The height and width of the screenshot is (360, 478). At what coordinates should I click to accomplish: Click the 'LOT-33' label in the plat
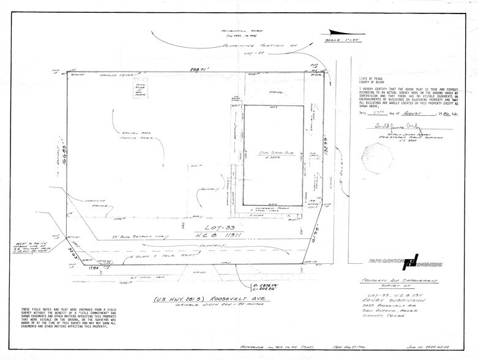tap(197, 228)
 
